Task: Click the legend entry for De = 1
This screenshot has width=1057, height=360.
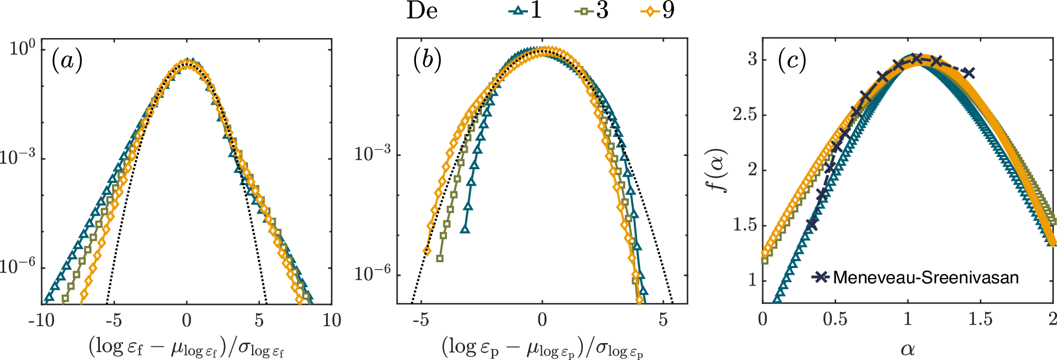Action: click(526, 10)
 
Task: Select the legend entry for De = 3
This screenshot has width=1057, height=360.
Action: click(592, 10)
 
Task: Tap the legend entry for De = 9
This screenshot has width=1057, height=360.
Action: click(658, 10)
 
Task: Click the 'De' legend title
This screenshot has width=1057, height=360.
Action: click(422, 11)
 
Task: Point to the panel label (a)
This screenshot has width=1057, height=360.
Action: click(67, 60)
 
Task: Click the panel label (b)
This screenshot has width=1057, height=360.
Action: click(427, 60)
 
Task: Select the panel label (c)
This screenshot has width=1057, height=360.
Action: click(792, 60)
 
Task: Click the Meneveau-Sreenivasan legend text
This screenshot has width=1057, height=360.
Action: click(925, 278)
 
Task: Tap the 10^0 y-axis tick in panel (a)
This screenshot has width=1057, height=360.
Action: click(22, 49)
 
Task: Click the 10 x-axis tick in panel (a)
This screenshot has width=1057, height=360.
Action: click(331, 320)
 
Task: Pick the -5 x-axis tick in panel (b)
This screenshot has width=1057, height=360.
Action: click(421, 320)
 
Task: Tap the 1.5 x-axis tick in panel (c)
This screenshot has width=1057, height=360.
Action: click(980, 319)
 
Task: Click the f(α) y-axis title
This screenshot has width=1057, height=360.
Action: click(720, 170)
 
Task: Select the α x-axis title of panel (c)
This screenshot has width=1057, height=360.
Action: click(907, 349)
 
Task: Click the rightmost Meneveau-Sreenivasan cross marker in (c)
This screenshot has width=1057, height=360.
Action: click(968, 73)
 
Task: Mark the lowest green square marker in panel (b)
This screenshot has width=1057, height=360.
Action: click(440, 259)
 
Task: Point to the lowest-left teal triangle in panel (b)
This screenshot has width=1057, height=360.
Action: click(465, 229)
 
